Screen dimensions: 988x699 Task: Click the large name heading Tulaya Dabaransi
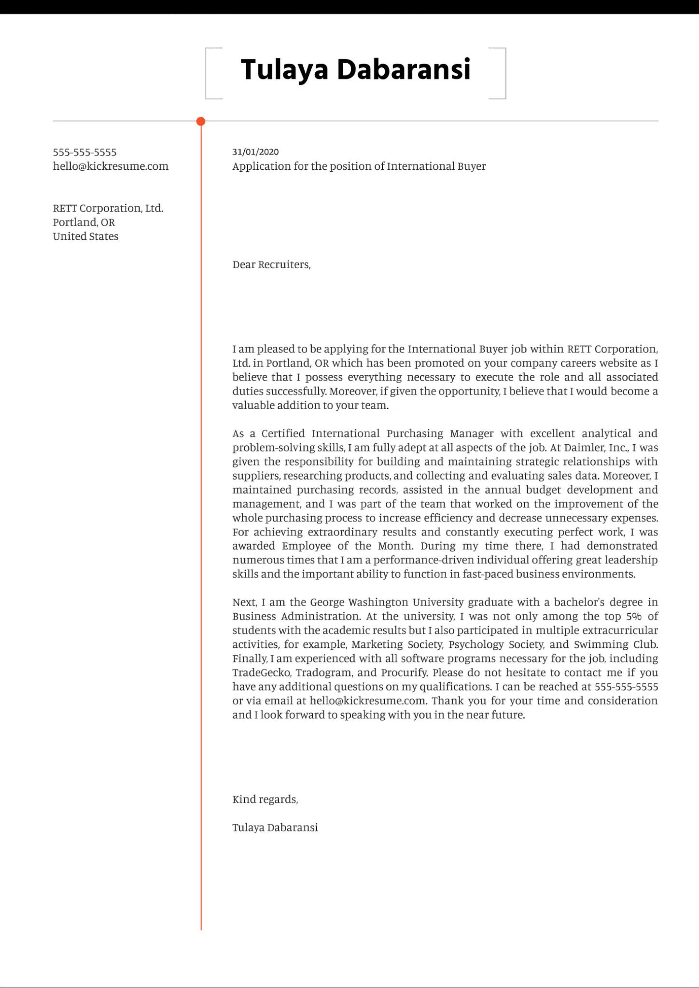(355, 69)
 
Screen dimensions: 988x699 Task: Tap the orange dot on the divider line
(201, 122)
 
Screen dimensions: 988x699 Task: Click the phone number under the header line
(84, 152)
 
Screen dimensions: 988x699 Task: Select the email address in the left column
(111, 166)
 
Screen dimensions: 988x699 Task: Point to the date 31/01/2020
(255, 152)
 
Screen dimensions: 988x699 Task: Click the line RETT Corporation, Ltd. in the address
(108, 208)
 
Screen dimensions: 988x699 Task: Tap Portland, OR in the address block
(84, 222)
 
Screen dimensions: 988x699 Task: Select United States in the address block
(85, 236)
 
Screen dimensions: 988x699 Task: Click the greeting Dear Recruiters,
(271, 265)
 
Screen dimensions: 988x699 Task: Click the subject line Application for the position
(359, 166)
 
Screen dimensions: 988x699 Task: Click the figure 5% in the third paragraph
(634, 617)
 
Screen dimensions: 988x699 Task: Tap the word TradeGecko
(261, 673)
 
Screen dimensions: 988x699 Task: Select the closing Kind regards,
(265, 799)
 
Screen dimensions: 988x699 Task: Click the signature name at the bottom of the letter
(275, 828)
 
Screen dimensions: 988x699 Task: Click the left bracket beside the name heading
(208, 73)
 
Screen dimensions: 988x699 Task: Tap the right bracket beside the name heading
(503, 73)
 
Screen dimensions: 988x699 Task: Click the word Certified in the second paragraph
(283, 434)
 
